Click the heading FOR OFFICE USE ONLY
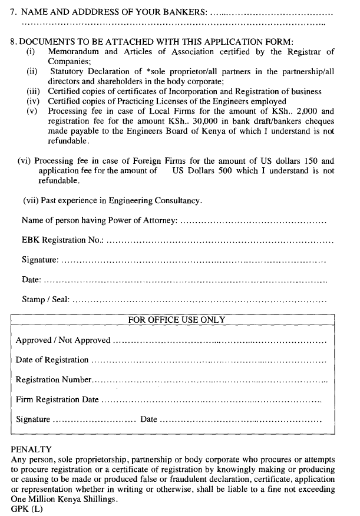(x=177, y=320)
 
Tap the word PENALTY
(x=31, y=449)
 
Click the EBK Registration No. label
(x=62, y=240)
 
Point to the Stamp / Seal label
(x=46, y=299)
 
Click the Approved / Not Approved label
(x=63, y=340)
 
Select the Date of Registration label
(x=52, y=360)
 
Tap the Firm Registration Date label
(x=57, y=399)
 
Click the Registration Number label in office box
(x=54, y=380)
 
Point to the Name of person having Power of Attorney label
(x=99, y=220)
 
